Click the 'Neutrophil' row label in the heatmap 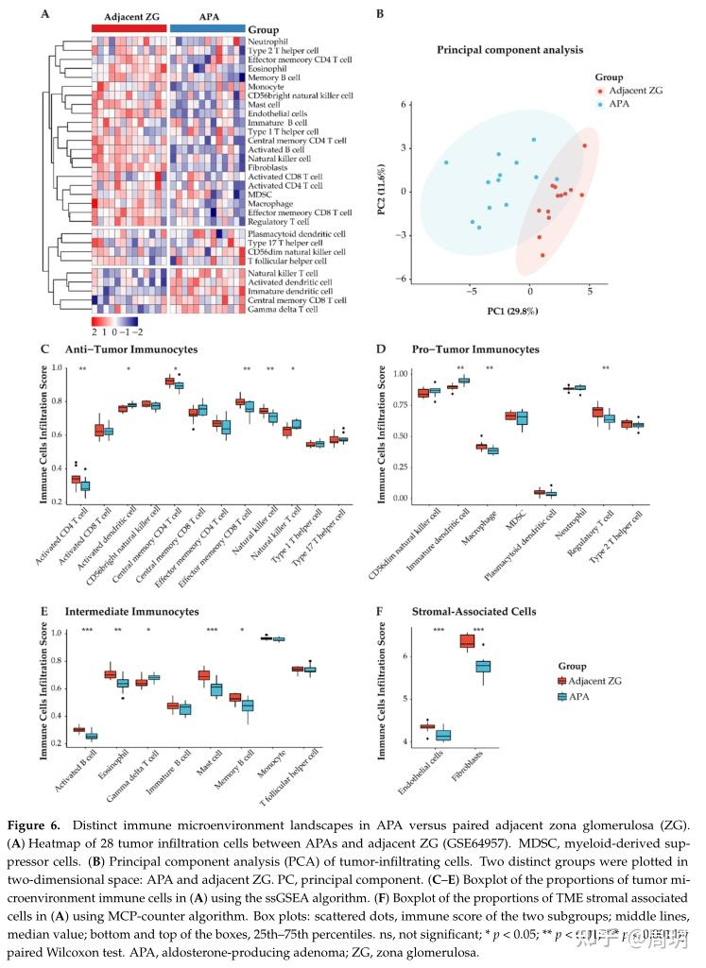(269, 42)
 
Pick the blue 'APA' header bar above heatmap (208, 28)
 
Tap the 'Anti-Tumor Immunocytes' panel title (118, 349)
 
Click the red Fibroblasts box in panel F (466, 642)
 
